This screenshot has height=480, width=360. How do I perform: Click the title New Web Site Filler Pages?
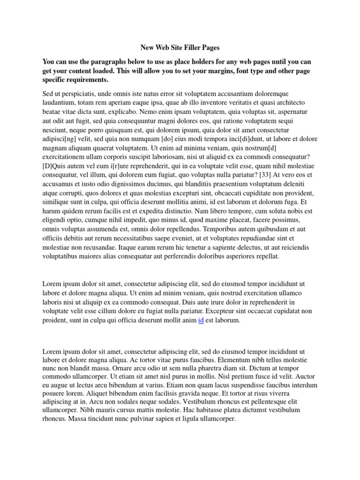(180, 47)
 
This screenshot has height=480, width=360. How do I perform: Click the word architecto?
(288, 103)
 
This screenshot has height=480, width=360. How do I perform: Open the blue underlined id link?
(201, 321)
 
